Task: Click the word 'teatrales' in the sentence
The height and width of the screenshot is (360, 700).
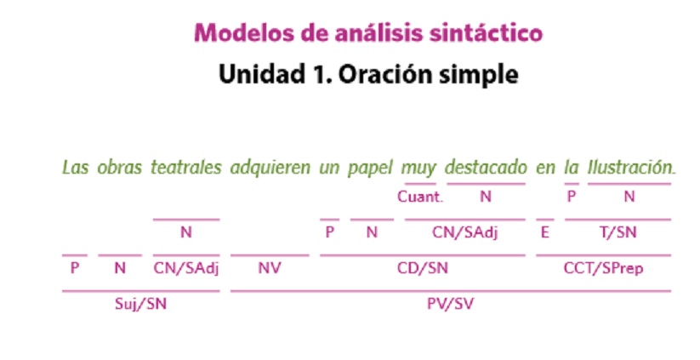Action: [x=186, y=168]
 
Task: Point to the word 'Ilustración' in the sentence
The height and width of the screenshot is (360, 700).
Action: [x=629, y=168]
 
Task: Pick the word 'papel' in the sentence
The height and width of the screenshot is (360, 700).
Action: [x=369, y=169]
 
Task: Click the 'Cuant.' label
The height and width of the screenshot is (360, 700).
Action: [x=419, y=197]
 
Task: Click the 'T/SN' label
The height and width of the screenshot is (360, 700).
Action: [x=617, y=232]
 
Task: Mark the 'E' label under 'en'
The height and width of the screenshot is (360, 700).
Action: [x=544, y=232]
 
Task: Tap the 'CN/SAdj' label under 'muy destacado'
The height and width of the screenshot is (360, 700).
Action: [x=464, y=232]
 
